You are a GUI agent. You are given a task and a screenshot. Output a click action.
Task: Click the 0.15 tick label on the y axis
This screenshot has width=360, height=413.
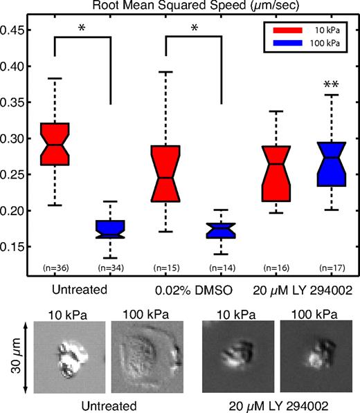coord(13,246)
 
